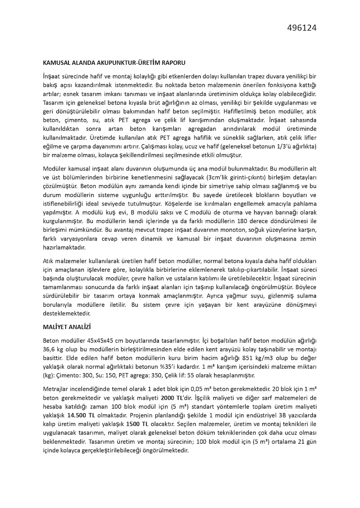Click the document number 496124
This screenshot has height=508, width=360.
[301, 28]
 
